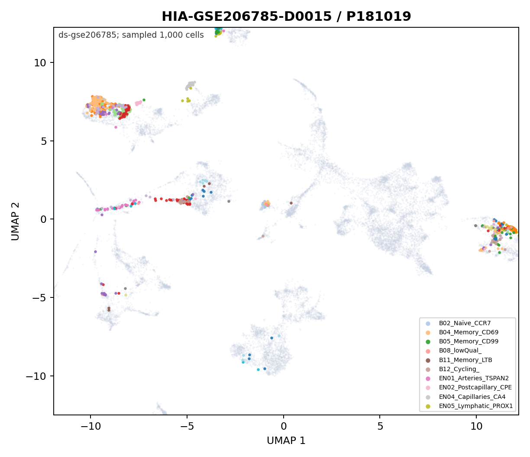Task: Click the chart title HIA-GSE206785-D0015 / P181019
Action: click(286, 16)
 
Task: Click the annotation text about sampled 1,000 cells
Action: click(131, 35)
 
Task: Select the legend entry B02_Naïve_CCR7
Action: click(465, 323)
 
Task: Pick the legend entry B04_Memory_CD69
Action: click(469, 332)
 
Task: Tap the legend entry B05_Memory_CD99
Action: click(469, 341)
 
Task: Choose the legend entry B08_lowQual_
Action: click(460, 350)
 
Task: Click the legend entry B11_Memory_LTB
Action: click(465, 360)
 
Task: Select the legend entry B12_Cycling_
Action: click(459, 369)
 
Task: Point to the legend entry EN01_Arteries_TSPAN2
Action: click(474, 378)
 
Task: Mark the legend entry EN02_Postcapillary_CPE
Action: click(475, 387)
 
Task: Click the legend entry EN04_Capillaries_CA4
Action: click(472, 397)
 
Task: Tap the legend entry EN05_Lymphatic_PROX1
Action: click(475, 406)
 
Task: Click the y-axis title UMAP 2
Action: click(15, 221)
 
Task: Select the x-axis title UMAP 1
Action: click(286, 441)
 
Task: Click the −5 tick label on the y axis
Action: click(39, 297)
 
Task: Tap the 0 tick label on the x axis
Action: click(284, 426)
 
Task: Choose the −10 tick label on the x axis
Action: click(90, 426)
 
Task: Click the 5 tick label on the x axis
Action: click(380, 426)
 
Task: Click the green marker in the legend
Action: click(428, 342)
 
